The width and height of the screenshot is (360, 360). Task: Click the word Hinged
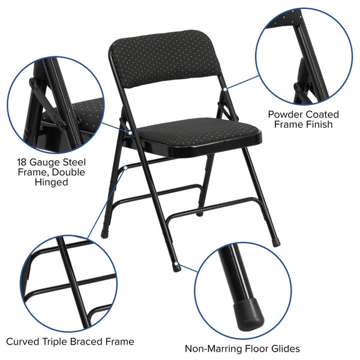[x=52, y=182]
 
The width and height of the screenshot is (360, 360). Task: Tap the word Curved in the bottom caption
[x=25, y=341]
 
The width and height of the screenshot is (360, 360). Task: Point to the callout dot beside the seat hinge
[x=129, y=131]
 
